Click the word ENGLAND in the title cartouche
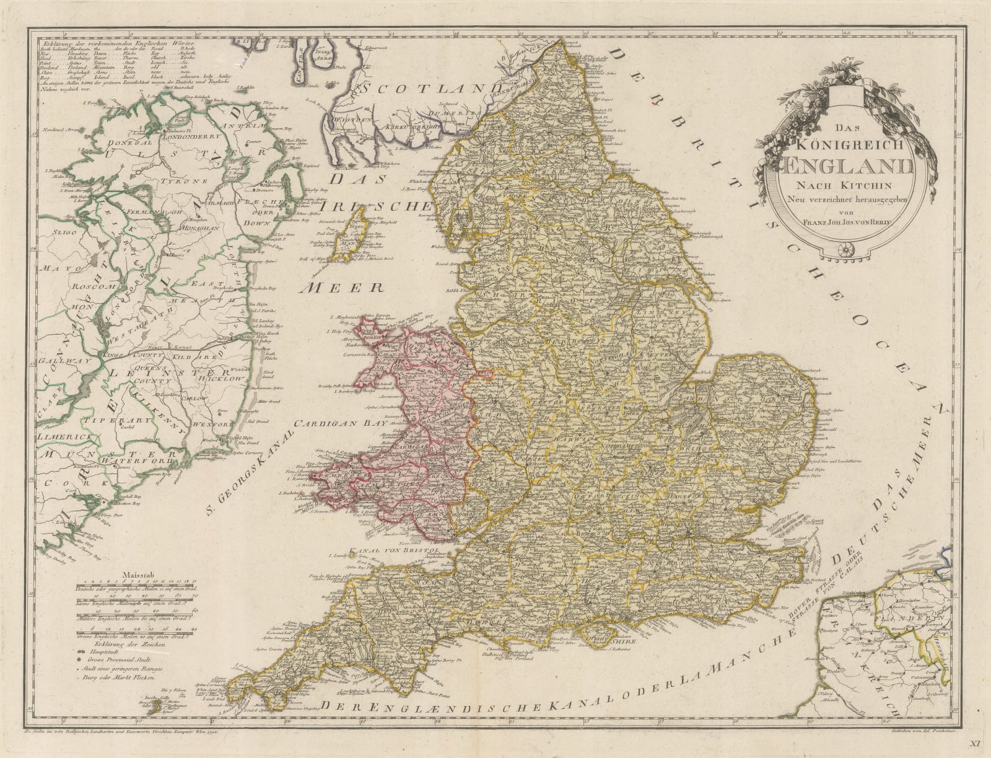click(x=838, y=167)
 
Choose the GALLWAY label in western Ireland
click(x=56, y=360)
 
